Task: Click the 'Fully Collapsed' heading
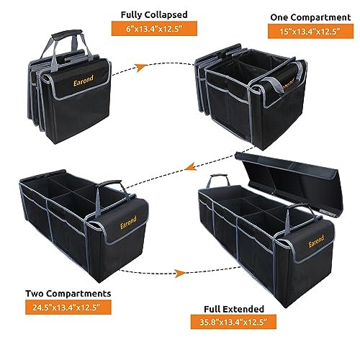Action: (154, 14)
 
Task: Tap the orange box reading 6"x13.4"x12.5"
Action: (154, 29)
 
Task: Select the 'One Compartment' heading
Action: (310, 17)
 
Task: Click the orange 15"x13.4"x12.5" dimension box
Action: (310, 32)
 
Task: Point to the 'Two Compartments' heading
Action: (68, 294)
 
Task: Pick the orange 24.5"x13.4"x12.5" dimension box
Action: (68, 307)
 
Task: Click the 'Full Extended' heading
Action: (234, 309)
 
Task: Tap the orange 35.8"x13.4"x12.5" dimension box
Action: (233, 322)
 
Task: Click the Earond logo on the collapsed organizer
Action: (84, 81)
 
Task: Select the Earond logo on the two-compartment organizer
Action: (128, 222)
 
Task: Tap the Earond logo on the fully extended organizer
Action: (316, 241)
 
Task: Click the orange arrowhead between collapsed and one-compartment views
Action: (141, 68)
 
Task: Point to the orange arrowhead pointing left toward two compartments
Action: (192, 166)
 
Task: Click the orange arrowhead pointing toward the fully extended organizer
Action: (180, 273)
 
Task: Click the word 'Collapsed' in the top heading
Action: (166, 15)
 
